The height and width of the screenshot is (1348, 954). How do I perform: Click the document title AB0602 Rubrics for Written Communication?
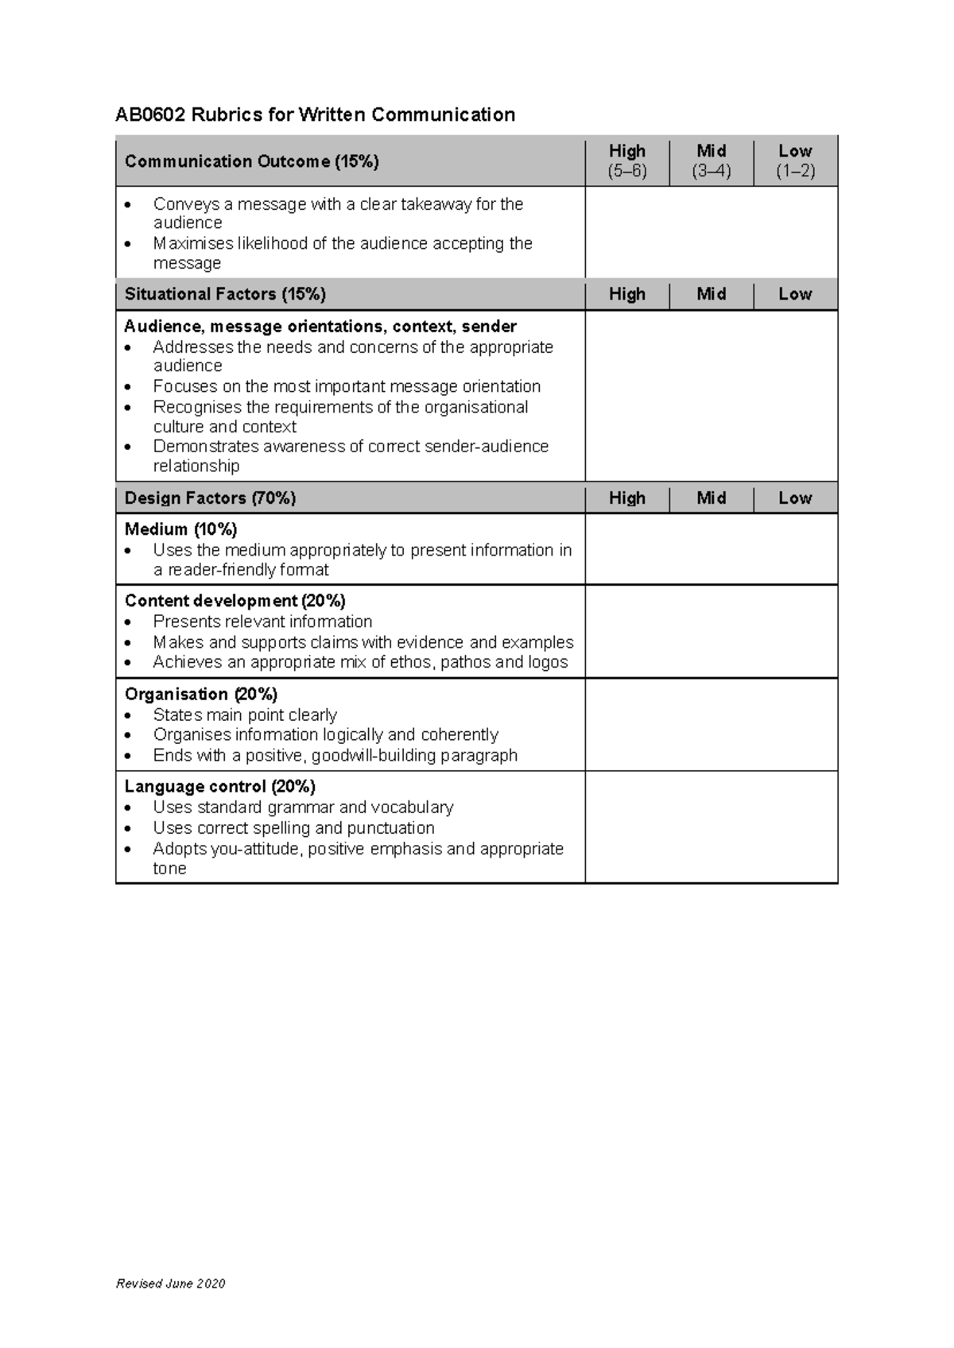click(x=315, y=114)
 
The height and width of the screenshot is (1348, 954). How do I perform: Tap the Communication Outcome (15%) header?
click(x=251, y=161)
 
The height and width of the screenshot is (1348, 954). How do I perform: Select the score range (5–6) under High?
click(x=626, y=171)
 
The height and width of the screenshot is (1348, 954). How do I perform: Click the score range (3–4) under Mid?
click(x=711, y=171)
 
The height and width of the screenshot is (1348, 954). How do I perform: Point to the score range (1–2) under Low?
click(x=795, y=171)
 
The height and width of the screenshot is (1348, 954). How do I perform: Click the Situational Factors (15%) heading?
click(x=225, y=294)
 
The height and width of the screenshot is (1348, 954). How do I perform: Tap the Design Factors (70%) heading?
click(x=210, y=498)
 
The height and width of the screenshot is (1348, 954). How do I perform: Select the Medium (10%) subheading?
click(x=180, y=529)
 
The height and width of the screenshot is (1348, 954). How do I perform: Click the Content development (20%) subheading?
click(x=235, y=601)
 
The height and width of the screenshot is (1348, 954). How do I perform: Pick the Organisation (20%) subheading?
click(x=200, y=694)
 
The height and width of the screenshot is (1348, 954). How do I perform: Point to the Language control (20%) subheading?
click(x=219, y=787)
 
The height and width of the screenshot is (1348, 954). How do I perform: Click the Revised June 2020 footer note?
click(x=170, y=1284)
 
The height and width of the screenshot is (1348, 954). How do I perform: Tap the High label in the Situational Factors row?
click(x=626, y=294)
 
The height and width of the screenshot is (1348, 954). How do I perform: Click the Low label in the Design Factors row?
click(x=795, y=498)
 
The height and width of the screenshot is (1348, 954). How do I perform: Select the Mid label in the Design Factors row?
click(x=711, y=498)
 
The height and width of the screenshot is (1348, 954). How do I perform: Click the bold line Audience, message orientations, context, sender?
click(x=320, y=327)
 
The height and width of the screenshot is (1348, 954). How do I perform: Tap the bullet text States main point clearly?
click(x=245, y=715)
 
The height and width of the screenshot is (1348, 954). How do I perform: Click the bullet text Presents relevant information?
click(x=262, y=622)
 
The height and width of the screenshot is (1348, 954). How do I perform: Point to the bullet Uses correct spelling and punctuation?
click(x=293, y=827)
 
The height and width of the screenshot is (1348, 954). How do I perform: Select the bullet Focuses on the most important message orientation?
click(x=347, y=386)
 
